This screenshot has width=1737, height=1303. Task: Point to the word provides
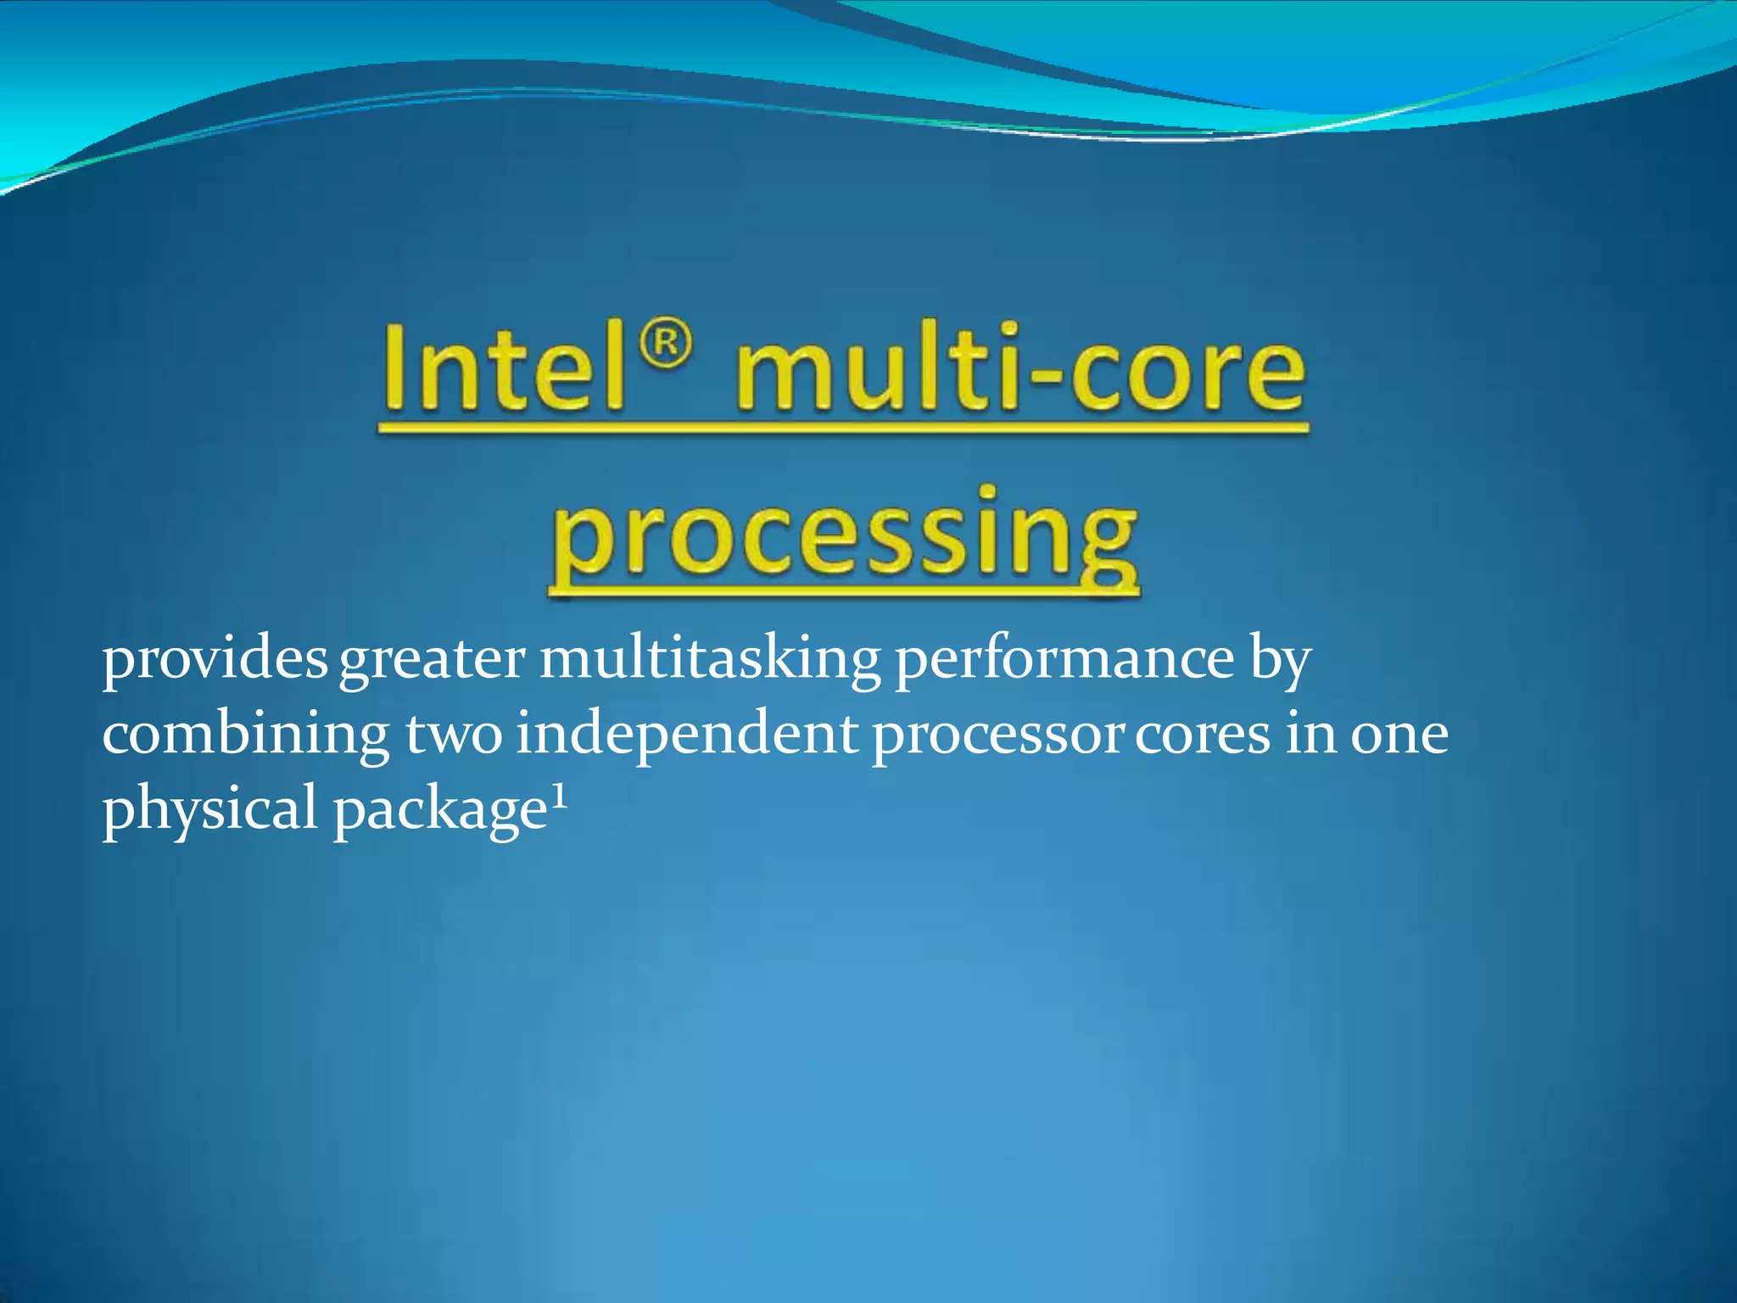(215, 660)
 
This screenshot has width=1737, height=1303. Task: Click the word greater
(432, 660)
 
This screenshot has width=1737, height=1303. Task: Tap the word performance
(1064, 660)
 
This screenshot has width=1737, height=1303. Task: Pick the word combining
(246, 735)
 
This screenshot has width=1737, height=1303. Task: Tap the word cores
(1203, 735)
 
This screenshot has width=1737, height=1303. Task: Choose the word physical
(209, 809)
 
